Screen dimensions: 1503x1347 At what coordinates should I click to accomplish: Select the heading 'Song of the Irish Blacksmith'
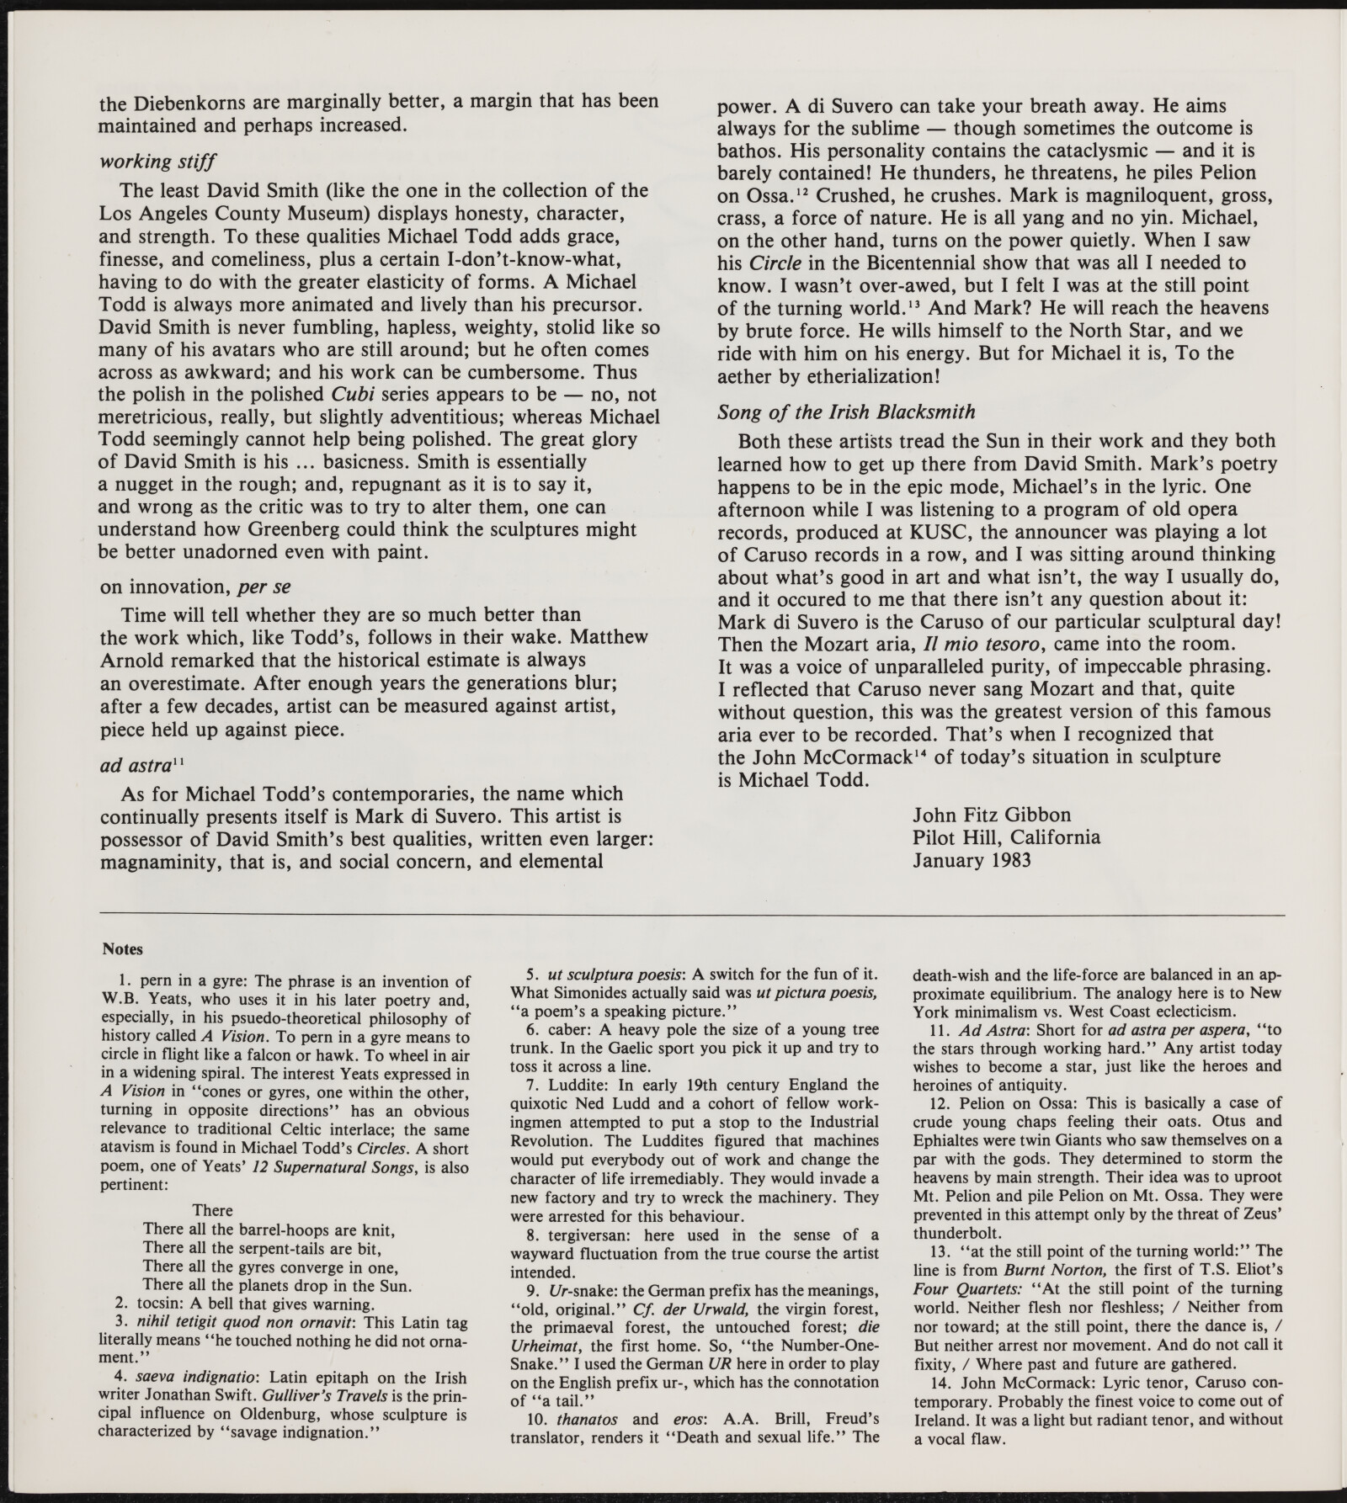(846, 412)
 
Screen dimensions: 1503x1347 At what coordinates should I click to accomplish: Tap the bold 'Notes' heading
(122, 949)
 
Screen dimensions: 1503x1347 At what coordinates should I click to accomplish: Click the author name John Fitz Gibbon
(992, 815)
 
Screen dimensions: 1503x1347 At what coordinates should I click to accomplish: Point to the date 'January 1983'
(972, 860)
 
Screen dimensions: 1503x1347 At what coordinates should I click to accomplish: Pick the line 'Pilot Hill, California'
(1006, 837)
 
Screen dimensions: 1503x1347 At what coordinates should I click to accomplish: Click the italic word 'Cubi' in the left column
(347, 395)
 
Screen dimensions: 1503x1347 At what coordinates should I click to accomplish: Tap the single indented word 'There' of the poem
(212, 1210)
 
